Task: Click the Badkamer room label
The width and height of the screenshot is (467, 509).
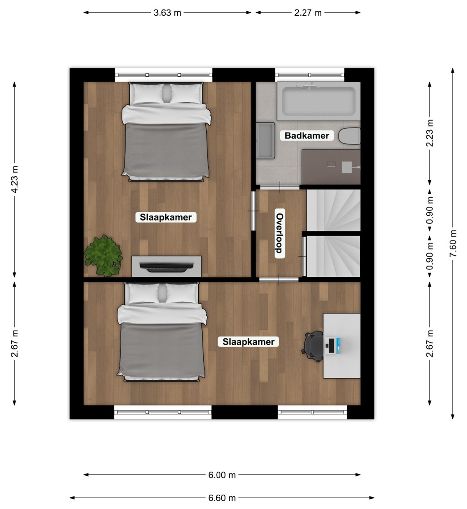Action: click(307, 135)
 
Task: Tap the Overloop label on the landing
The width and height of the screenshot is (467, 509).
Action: click(280, 233)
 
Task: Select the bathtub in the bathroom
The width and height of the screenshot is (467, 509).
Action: click(319, 102)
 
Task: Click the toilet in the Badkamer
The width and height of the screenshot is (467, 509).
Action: click(349, 136)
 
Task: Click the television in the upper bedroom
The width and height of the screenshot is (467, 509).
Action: click(166, 266)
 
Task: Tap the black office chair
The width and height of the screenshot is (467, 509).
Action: click(313, 347)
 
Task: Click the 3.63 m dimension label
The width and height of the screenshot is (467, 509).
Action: click(167, 13)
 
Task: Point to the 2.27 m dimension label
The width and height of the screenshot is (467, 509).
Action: click(308, 13)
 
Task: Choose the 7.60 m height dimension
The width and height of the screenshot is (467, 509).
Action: click(453, 243)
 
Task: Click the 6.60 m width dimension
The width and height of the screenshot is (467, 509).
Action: click(222, 498)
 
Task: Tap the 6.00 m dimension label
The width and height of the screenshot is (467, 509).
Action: click(222, 475)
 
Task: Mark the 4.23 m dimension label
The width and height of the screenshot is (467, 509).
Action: click(15, 179)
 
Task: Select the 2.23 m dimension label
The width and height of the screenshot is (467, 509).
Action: click(430, 133)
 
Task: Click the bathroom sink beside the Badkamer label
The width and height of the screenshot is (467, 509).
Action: click(266, 140)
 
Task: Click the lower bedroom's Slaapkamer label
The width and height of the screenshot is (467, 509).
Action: click(248, 342)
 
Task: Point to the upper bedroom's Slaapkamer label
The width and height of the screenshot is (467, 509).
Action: click(166, 217)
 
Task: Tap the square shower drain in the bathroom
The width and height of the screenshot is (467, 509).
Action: click(347, 167)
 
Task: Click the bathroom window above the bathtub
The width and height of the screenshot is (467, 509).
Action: click(310, 75)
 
